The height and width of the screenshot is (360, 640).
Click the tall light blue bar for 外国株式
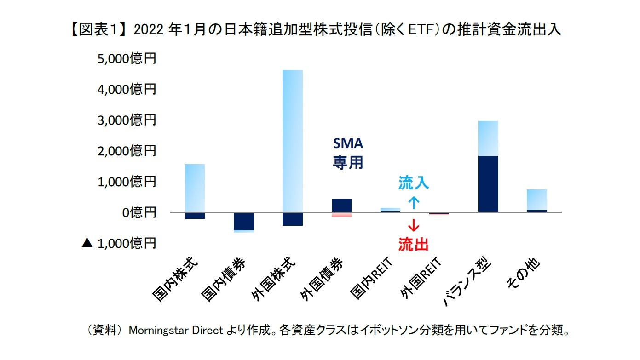(292, 141)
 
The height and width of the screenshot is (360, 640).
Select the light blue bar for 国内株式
(195, 188)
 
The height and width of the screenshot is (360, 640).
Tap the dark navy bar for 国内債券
(243, 221)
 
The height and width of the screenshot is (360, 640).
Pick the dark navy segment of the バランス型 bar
(488, 184)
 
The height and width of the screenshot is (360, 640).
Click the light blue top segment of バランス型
(488, 138)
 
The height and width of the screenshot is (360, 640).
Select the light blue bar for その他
(536, 200)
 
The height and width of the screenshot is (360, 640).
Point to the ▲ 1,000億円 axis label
(119, 243)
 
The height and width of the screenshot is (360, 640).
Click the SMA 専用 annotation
(348, 154)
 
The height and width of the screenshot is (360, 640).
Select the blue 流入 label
(414, 183)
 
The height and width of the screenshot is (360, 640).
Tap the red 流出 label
(414, 244)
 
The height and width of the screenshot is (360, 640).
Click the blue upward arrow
(414, 202)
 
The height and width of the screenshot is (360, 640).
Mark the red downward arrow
(414, 225)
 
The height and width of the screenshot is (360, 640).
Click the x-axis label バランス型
(467, 283)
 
